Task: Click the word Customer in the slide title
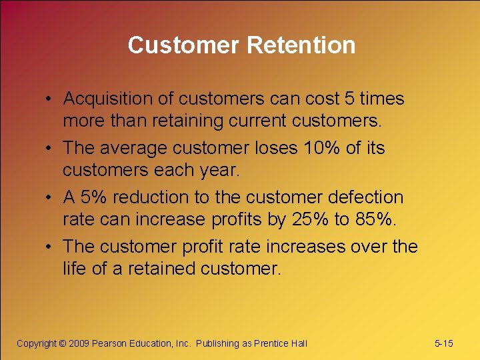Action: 184,45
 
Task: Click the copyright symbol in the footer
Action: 63,343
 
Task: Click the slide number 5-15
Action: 443,343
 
